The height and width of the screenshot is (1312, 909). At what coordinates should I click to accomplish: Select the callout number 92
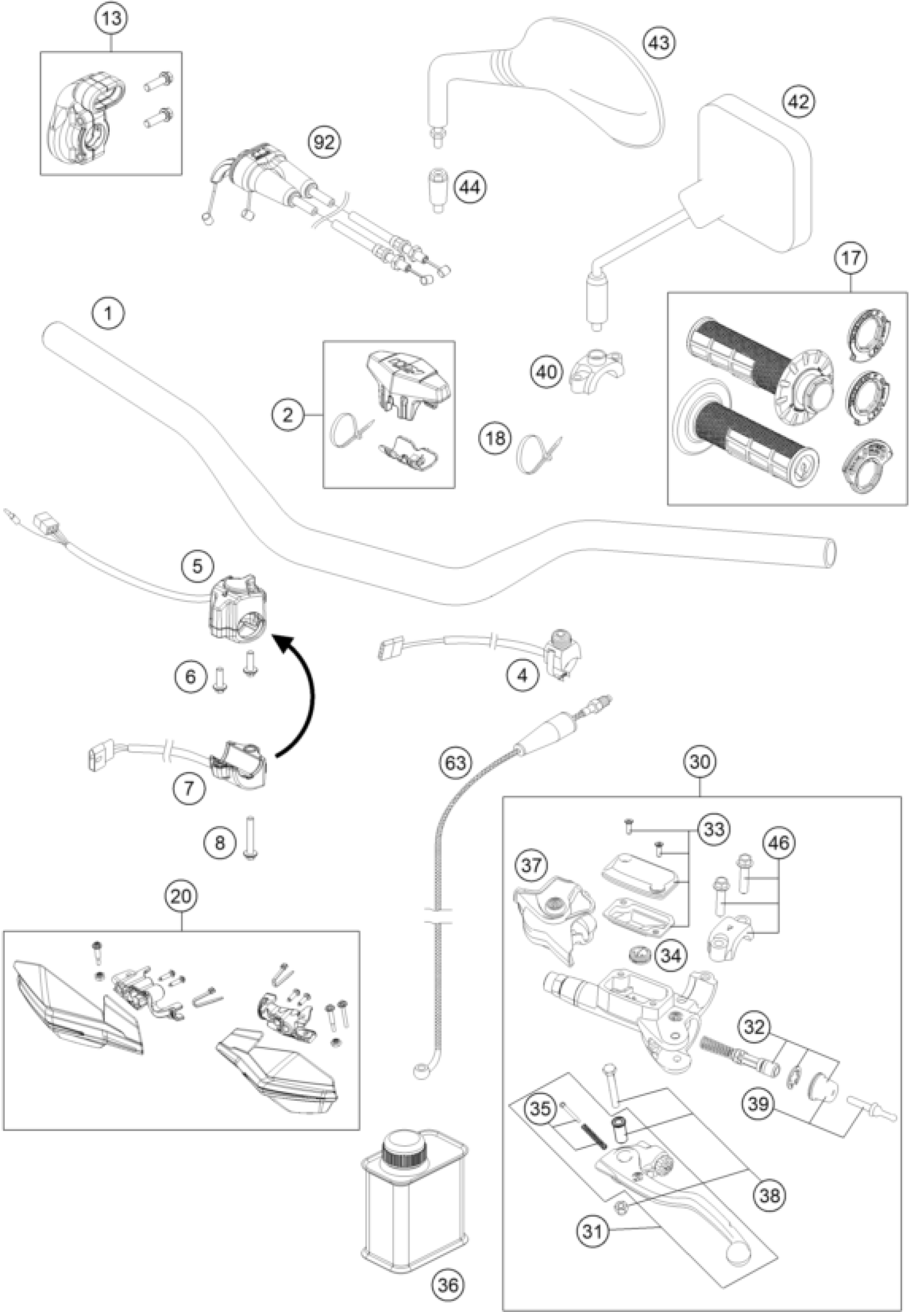pyautogui.click(x=324, y=142)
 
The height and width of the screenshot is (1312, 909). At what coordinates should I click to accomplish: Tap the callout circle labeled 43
pyautogui.click(x=658, y=43)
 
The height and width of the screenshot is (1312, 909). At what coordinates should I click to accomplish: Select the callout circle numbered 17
pyautogui.click(x=850, y=259)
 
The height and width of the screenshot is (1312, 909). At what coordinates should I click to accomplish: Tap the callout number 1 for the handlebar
pyautogui.click(x=110, y=313)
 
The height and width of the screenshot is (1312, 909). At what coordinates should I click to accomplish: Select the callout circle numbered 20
pyautogui.click(x=182, y=896)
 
